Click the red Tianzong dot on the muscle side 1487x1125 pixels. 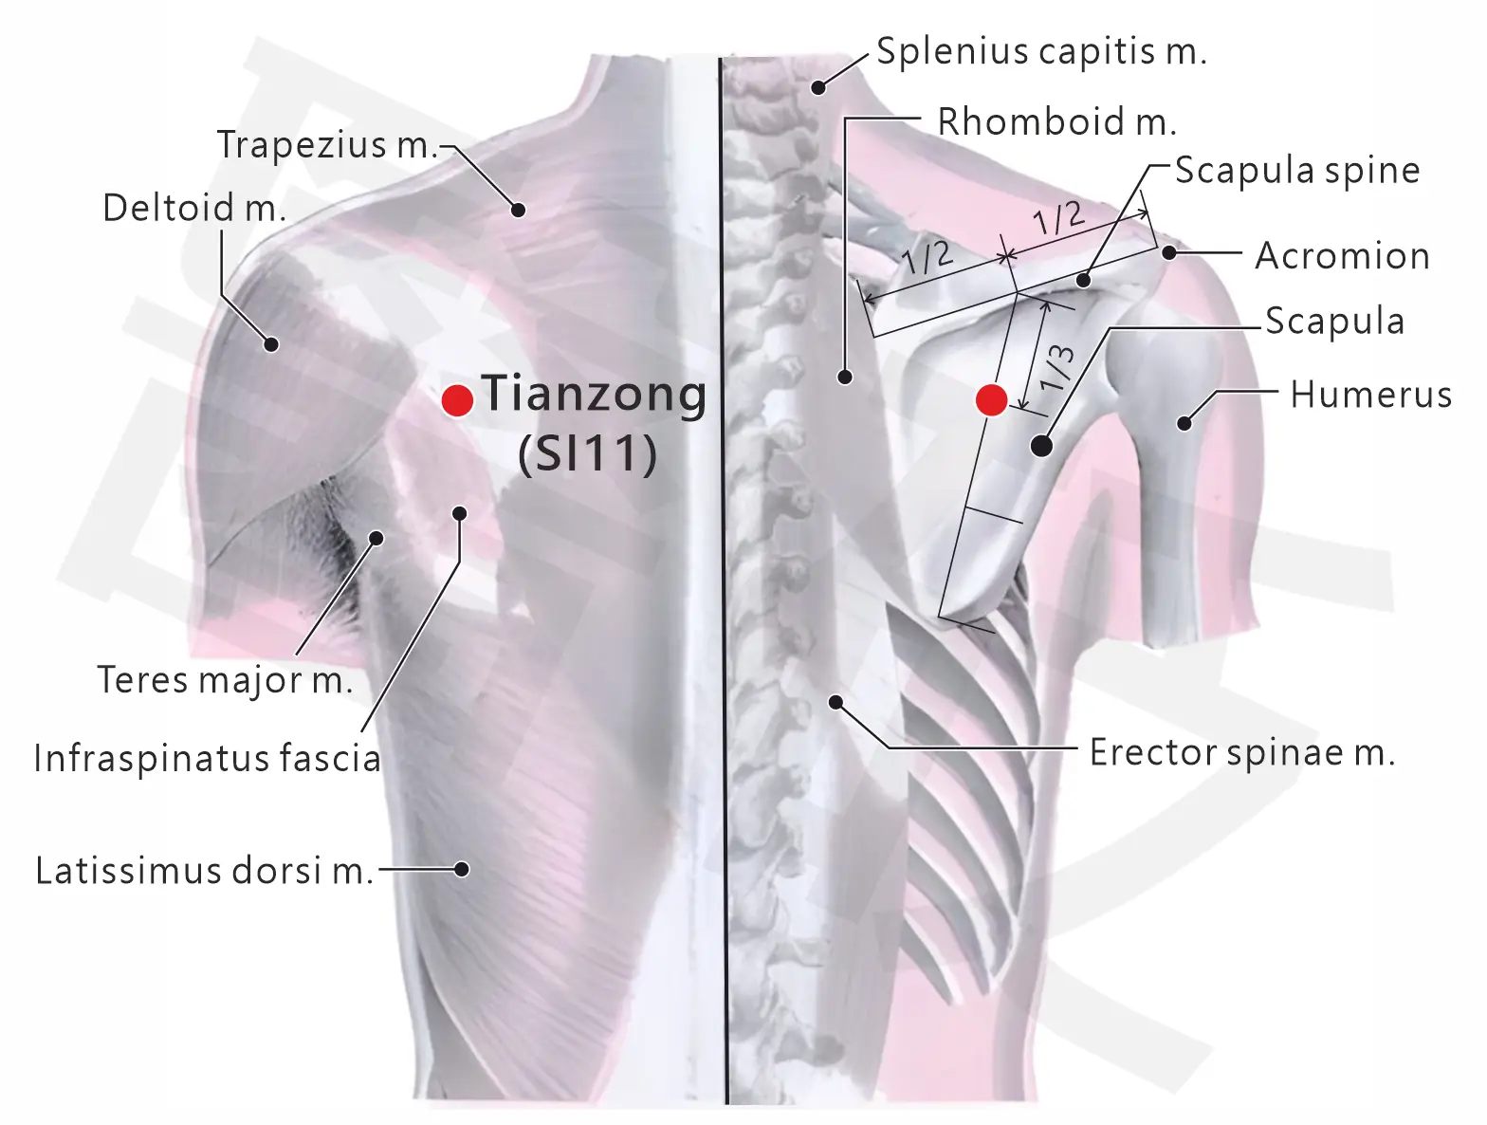[457, 401]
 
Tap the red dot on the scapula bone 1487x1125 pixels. [992, 399]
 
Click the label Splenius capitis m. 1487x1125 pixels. [1042, 51]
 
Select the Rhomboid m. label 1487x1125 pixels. [1056, 122]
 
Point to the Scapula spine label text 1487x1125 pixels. [1297, 170]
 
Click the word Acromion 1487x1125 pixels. [1342, 256]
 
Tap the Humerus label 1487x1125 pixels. [1371, 395]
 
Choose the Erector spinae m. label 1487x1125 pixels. [1242, 752]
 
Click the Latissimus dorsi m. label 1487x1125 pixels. [205, 871]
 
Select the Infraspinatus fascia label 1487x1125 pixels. [208, 758]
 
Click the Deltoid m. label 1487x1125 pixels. [194, 207]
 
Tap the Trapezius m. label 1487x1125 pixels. [328, 145]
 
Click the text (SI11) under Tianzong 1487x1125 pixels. [588, 453]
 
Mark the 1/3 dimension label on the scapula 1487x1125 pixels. [1057, 368]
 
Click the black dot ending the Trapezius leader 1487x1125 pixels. [518, 210]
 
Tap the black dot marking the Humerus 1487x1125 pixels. [1184, 423]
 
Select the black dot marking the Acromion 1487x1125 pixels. [1169, 252]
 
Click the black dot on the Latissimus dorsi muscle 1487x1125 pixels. [462, 869]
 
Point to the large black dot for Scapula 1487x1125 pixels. [1041, 446]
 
